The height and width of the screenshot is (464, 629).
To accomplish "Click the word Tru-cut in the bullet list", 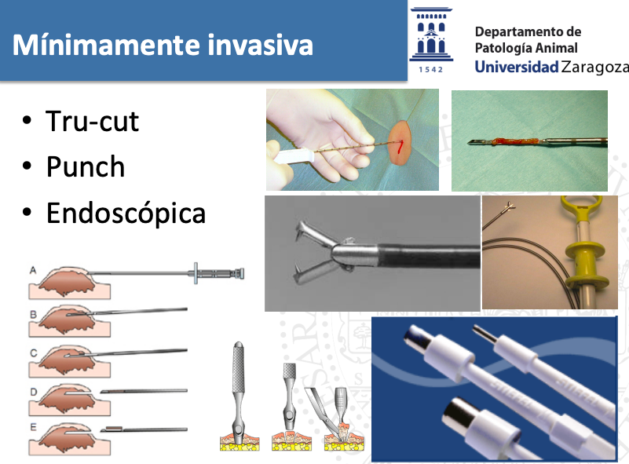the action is coord(92,121).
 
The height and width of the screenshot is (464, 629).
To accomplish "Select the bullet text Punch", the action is coord(86,166).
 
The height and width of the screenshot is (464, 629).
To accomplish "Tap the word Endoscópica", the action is coord(126,213).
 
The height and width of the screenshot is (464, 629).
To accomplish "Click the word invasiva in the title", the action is coord(260,45).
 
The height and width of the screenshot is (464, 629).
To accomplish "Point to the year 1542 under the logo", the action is coord(431,70).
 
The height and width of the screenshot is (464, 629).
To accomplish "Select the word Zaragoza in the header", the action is coord(595,68).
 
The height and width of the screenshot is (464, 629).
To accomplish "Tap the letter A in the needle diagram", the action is coord(33,270).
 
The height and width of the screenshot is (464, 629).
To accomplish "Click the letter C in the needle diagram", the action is coord(34,353).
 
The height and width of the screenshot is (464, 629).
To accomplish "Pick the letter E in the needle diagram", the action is coord(33,428).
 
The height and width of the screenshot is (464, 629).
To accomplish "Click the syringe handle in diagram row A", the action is coord(217,273).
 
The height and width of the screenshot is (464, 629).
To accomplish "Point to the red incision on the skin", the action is coord(400,147).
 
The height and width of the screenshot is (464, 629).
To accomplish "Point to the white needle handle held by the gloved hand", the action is coord(293,155).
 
